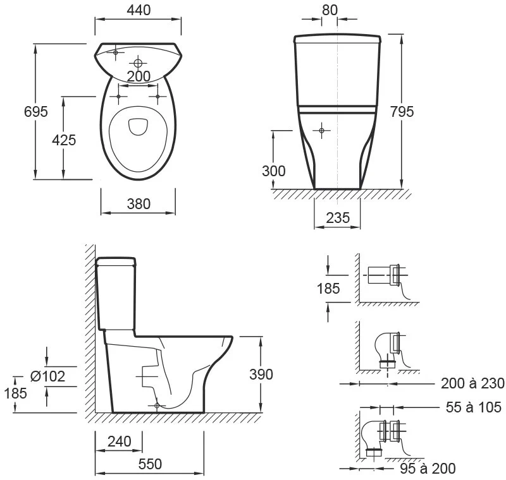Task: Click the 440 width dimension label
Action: click(139, 10)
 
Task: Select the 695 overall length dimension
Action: click(36, 111)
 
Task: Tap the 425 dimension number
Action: click(64, 140)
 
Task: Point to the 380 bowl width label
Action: click(139, 204)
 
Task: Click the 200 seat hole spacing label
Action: click(139, 76)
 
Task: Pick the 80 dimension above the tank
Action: click(330, 10)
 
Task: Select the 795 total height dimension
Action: click(402, 111)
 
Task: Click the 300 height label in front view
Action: click(274, 171)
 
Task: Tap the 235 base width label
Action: click(338, 218)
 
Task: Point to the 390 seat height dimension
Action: click(261, 374)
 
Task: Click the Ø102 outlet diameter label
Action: click(48, 376)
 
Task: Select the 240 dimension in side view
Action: click(120, 441)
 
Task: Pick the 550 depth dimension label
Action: click(150, 464)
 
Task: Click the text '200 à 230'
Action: click(472, 383)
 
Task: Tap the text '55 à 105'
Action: click(473, 407)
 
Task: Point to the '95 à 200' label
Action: click(428, 469)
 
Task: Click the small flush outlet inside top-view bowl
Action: click(138, 126)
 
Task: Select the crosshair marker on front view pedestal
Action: click(321, 131)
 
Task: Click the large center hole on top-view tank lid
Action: click(138, 63)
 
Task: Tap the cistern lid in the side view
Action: click(116, 261)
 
